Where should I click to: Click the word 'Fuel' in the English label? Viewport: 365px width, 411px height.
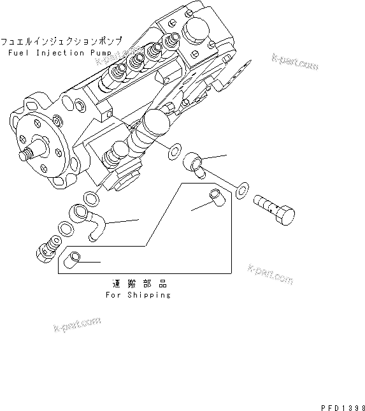click(20, 52)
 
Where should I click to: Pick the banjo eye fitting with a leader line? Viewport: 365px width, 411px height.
click(194, 164)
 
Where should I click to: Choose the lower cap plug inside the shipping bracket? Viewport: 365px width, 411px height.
click(74, 259)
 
